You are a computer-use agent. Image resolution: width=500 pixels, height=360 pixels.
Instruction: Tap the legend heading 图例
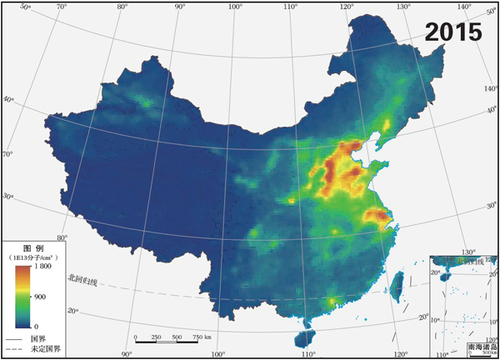click(32, 248)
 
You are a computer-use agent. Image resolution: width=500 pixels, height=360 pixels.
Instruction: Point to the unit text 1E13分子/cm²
click(32, 258)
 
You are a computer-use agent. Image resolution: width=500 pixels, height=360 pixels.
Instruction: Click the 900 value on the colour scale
click(40, 297)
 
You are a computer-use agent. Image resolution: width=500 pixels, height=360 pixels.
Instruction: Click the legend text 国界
click(37, 339)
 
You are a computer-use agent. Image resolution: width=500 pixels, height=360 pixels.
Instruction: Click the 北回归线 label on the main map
click(83, 281)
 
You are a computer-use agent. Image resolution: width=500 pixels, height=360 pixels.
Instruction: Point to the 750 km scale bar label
click(202, 337)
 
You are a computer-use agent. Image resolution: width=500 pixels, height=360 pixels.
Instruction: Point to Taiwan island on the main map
click(397, 281)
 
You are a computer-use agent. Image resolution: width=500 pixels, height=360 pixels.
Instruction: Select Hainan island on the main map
click(307, 337)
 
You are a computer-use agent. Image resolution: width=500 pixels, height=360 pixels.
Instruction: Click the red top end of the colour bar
click(22, 270)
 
